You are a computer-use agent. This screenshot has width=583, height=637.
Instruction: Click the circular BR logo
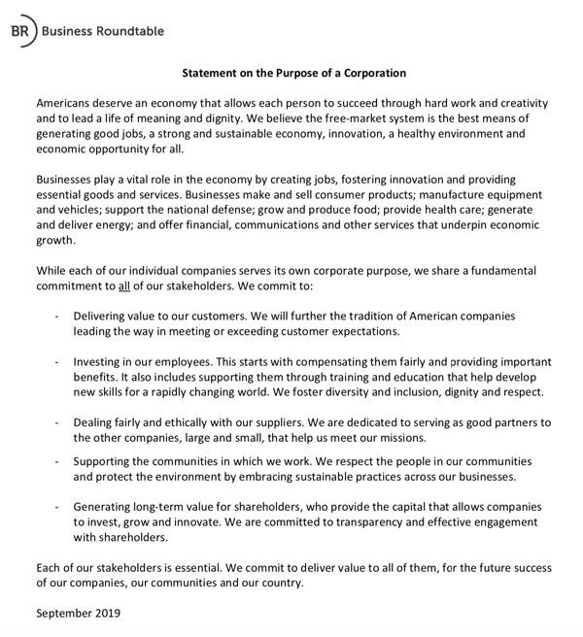[x=21, y=31]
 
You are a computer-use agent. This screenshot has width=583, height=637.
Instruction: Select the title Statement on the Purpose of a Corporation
[x=294, y=73]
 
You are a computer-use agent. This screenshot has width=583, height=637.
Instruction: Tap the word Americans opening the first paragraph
[x=66, y=103]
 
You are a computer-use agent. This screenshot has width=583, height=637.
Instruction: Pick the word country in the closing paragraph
[x=281, y=583]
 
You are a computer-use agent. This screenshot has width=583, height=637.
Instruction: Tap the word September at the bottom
[x=60, y=614]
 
